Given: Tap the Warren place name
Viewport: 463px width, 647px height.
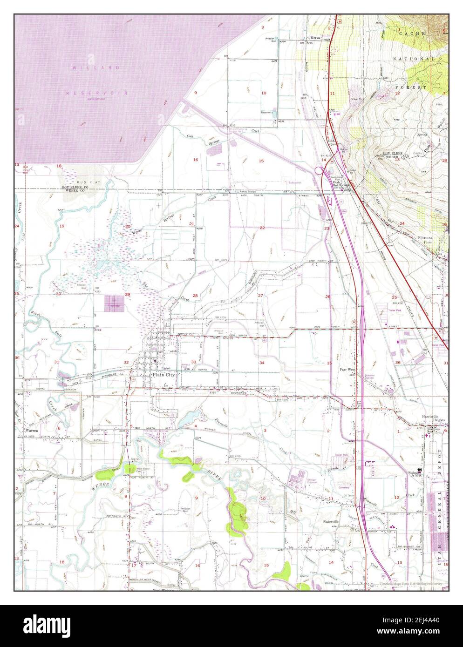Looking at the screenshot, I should tap(30, 431).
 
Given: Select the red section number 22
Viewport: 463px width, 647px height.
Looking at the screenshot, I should tap(262, 228).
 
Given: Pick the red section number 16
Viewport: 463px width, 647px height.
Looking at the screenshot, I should tap(196, 160).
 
